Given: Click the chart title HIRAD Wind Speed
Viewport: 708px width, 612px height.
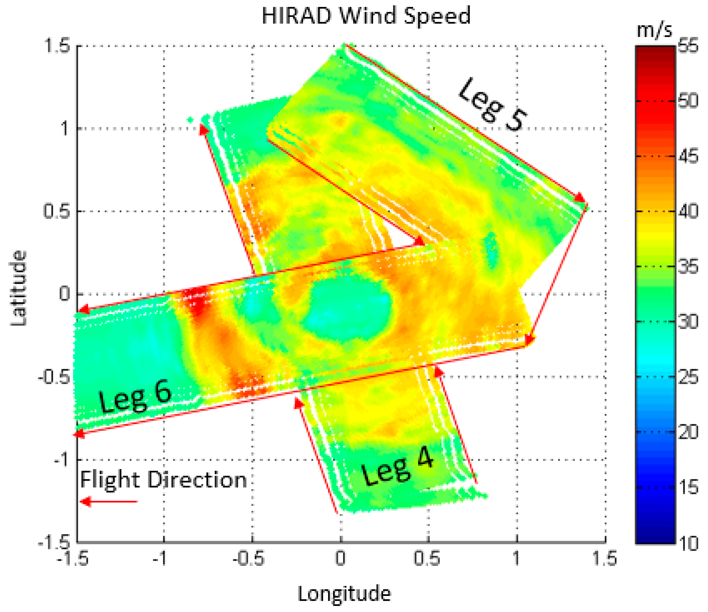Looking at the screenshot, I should [x=366, y=16].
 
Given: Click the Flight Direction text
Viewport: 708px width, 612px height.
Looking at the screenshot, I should [x=163, y=480].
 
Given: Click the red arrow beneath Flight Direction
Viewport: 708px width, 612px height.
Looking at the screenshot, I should [x=109, y=502].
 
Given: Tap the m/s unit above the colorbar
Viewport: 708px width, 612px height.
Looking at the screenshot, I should [x=654, y=31].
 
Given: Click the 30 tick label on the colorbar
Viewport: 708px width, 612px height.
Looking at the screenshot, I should [x=688, y=322].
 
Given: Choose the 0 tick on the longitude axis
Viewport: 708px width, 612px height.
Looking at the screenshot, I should [x=340, y=559].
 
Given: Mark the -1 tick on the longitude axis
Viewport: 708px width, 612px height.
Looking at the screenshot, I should [x=161, y=559].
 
